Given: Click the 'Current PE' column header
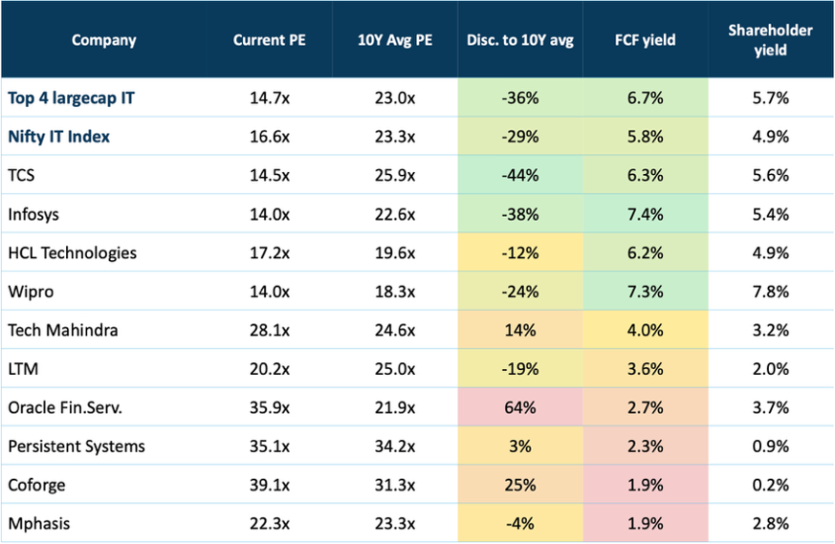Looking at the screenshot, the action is (270, 40).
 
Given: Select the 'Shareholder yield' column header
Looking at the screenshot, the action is (771, 40).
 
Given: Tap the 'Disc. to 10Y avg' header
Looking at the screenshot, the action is (520, 40).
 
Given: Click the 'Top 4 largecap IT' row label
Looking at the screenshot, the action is (72, 98).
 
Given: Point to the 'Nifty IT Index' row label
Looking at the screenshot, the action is (59, 137).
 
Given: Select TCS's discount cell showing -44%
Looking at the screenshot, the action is (520, 175).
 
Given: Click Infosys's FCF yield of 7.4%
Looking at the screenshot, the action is (646, 214).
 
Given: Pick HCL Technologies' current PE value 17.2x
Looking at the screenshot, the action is (270, 252).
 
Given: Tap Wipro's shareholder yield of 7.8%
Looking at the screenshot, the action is (771, 292).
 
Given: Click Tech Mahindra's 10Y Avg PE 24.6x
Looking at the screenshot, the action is (395, 330).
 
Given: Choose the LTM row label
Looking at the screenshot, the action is (23, 368).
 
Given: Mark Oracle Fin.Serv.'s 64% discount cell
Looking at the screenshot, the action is (520, 407).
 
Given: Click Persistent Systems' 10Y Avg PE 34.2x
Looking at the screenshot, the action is (395, 446).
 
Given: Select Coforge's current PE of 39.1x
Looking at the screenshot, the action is (270, 485).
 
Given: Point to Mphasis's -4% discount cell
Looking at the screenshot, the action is (520, 523).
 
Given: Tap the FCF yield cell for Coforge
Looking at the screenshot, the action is (646, 485).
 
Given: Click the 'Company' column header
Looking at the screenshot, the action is (104, 40).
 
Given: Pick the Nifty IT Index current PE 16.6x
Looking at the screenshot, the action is (270, 137).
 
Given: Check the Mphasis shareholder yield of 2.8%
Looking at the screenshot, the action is (771, 523).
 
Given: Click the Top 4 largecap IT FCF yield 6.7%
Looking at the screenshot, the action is (646, 98).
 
